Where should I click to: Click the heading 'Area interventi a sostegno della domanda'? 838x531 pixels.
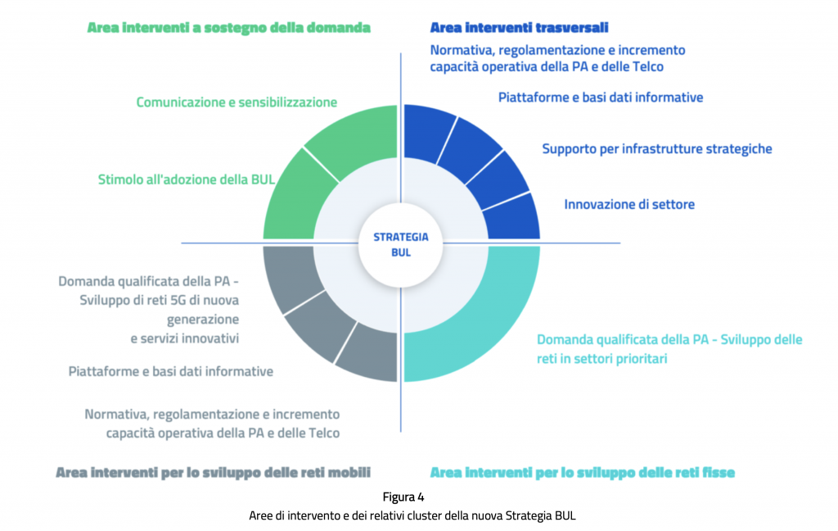pyautogui.click(x=229, y=28)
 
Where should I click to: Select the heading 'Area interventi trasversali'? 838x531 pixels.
pyautogui.click(x=519, y=27)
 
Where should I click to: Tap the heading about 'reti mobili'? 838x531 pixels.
pyautogui.click(x=213, y=473)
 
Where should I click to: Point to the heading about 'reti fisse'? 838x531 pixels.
pyautogui.click(x=583, y=473)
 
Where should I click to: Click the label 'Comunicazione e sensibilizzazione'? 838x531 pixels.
pyautogui.click(x=237, y=102)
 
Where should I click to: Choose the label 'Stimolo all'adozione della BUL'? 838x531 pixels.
pyautogui.click(x=187, y=179)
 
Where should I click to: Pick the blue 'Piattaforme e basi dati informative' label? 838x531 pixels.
pyautogui.click(x=601, y=98)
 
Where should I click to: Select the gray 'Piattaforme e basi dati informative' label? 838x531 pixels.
pyautogui.click(x=171, y=371)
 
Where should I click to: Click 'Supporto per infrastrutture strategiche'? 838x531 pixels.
pyautogui.click(x=657, y=149)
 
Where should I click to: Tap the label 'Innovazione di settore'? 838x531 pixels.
pyautogui.click(x=629, y=205)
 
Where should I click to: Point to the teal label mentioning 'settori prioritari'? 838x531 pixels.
pyautogui.click(x=669, y=349)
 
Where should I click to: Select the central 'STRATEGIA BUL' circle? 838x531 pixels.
pyautogui.click(x=401, y=245)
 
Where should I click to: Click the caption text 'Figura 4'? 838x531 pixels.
pyautogui.click(x=403, y=497)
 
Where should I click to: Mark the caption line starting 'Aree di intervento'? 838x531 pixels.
pyautogui.click(x=412, y=516)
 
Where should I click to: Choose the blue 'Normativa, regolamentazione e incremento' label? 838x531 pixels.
pyautogui.click(x=557, y=58)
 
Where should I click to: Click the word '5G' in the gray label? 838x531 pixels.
pyautogui.click(x=178, y=300)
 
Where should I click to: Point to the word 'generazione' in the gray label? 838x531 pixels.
pyautogui.click(x=203, y=320)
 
